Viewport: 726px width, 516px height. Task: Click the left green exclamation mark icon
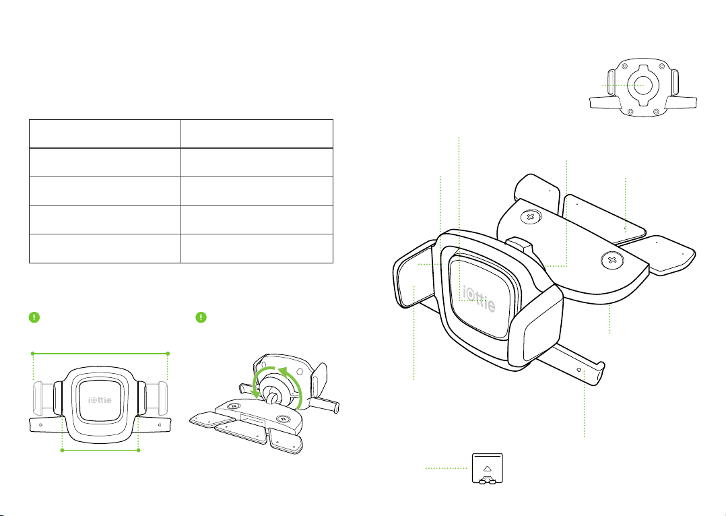tap(35, 317)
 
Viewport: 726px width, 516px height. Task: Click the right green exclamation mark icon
tap(201, 317)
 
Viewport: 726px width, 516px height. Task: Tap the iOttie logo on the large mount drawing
tap(480, 299)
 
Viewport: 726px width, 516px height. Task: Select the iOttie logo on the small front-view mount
tap(100, 399)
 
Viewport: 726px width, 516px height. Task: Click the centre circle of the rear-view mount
tap(643, 86)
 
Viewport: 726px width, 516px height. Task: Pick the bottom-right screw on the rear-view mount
tap(656, 111)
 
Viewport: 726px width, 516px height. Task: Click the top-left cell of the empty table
tap(104, 134)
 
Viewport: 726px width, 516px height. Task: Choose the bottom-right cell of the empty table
tap(257, 249)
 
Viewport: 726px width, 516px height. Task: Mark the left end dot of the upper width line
tap(33, 354)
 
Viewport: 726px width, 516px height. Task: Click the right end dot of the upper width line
tap(168, 354)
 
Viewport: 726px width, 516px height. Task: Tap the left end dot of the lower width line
tap(62, 450)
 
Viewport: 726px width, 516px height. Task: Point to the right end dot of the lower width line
tap(139, 450)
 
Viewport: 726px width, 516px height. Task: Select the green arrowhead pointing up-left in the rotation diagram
tap(281, 369)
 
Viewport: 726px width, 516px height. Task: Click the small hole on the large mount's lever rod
tap(579, 370)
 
